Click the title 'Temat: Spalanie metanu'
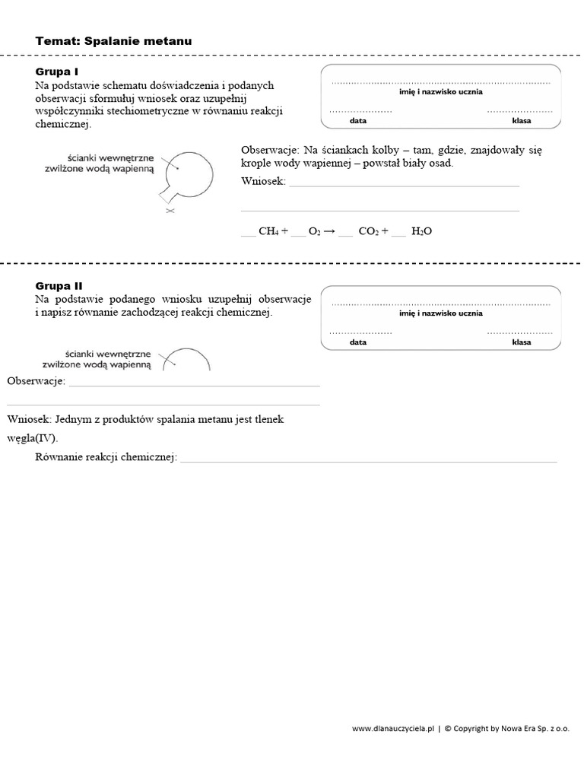113,41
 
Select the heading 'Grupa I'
57,72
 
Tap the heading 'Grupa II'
59,286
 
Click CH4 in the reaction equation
268,231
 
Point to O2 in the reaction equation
315,231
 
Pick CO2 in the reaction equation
368,231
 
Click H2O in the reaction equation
421,231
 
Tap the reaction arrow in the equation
330,231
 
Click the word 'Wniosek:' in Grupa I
263,181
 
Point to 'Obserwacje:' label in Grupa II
36,380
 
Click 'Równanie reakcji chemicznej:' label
106,456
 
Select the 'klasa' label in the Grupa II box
522,342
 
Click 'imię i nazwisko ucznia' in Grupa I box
441,91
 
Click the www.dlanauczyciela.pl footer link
392,728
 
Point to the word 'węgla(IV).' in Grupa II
32,438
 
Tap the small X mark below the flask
170,211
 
